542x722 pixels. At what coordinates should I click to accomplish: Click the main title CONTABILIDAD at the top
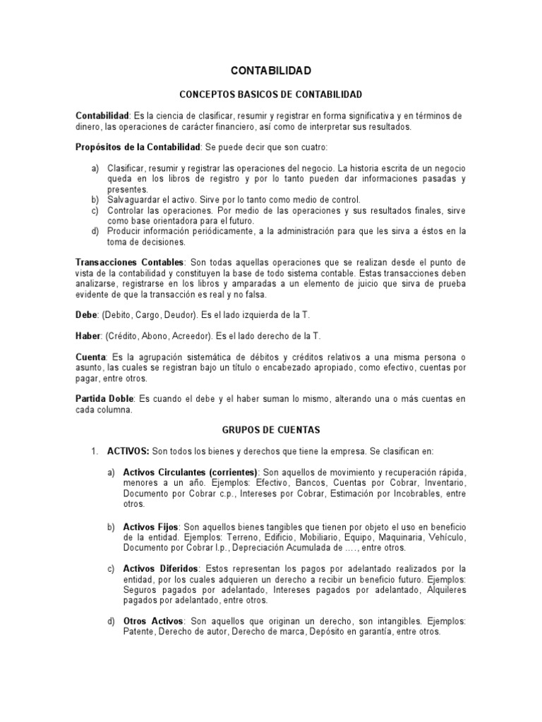point(271,71)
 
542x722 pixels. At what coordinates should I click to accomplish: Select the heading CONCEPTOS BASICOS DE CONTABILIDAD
point(271,94)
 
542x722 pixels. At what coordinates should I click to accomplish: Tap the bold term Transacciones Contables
point(128,262)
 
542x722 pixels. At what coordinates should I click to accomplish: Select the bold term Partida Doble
point(104,399)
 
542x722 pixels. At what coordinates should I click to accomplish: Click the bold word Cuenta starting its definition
point(91,358)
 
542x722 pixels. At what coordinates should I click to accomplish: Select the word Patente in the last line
point(138,632)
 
